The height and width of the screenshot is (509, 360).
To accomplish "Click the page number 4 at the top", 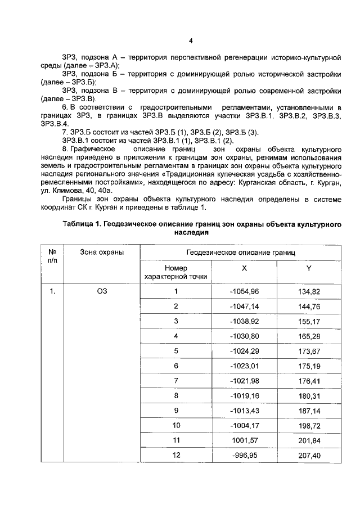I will coord(191,41).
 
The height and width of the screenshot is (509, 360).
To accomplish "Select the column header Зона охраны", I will coord(102,253).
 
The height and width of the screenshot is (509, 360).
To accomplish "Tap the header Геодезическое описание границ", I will coord(240,253).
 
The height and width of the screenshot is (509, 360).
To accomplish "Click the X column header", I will coord(244,269).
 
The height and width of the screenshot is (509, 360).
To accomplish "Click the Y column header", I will coord(309,269).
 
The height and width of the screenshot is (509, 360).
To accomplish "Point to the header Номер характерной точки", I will coord(175,272).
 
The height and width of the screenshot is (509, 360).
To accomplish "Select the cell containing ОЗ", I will coord(102,291).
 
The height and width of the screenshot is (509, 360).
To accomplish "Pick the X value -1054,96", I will coord(244,291).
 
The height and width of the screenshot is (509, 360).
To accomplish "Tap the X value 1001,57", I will coord(246,439).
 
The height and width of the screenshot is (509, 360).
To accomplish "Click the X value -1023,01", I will coord(244,366).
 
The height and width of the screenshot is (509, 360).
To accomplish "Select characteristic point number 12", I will coord(175,454).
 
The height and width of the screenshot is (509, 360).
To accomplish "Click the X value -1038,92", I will coord(244,321).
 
